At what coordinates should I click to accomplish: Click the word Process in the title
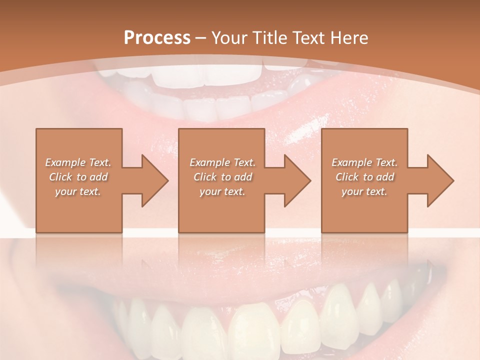click(x=157, y=38)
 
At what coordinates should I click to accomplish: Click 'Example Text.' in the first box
click(x=78, y=162)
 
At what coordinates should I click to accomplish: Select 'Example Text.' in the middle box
click(x=222, y=162)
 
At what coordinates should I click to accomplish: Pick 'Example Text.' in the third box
click(x=364, y=162)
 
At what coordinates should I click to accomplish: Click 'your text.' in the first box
click(x=78, y=191)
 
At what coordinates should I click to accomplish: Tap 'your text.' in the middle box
click(x=222, y=191)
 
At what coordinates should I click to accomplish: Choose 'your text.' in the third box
click(x=364, y=191)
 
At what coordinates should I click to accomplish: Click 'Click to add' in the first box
click(x=78, y=177)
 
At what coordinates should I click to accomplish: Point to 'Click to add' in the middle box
click(x=222, y=177)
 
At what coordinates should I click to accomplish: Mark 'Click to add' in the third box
click(x=364, y=177)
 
